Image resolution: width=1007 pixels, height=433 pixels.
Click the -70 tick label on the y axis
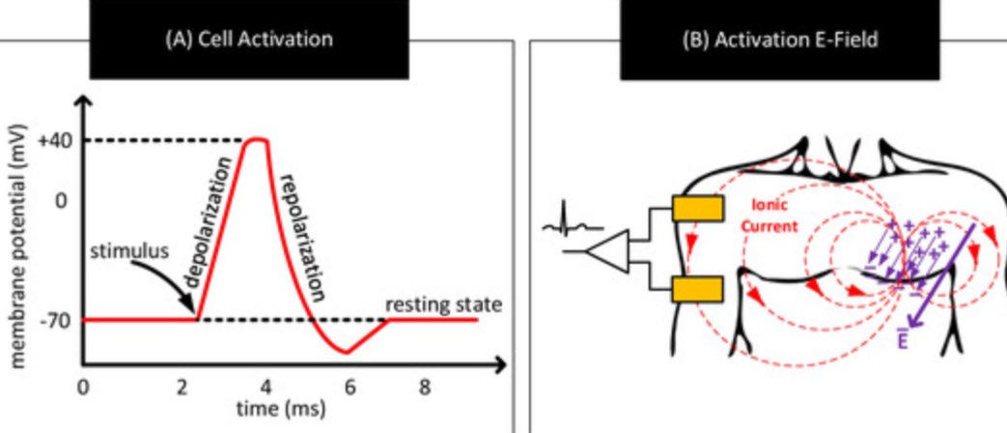click(x=53, y=320)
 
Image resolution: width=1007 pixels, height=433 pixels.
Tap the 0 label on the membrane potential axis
click(x=59, y=201)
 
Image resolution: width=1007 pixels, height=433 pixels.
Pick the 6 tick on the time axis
click(x=350, y=388)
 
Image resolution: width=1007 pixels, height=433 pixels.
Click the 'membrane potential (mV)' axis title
click(x=18, y=246)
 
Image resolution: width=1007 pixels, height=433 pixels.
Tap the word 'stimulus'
click(x=129, y=252)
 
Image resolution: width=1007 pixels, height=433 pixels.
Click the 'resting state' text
click(x=444, y=305)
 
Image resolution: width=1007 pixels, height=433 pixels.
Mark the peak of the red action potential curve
click(x=255, y=139)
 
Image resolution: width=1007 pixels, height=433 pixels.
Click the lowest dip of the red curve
click(x=346, y=353)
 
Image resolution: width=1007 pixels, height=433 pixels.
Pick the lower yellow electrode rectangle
click(x=696, y=288)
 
